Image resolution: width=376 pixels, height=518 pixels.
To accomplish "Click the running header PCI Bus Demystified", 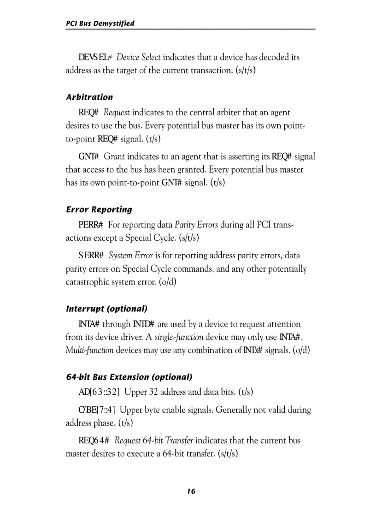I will tap(100, 23).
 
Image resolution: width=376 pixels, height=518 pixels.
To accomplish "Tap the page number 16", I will tap(191, 491).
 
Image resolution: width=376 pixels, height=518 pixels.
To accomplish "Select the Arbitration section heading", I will tap(89, 97).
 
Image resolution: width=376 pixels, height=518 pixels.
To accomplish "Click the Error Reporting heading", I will tap(99, 209).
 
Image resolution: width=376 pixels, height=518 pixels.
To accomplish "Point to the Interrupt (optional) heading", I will tap(106, 308).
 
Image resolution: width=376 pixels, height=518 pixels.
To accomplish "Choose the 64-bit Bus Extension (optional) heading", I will tap(129, 377).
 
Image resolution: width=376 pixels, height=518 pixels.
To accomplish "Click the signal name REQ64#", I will tap(94, 441).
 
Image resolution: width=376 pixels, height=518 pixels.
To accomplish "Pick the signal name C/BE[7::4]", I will tap(97, 410).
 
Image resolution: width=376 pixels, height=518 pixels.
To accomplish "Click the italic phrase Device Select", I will tap(138, 58).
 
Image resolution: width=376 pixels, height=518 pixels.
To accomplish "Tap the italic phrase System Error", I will tap(130, 256).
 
